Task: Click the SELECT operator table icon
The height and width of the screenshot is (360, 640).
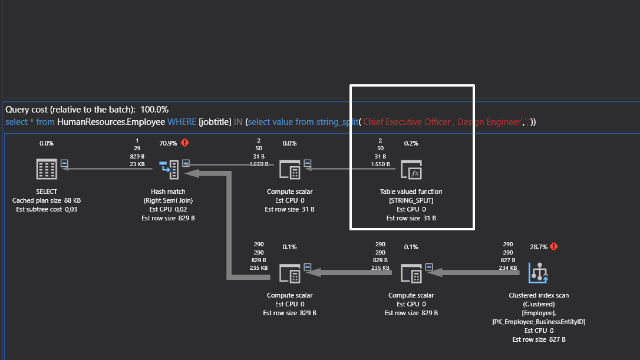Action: click(47, 170)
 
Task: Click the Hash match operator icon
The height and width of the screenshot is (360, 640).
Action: click(169, 170)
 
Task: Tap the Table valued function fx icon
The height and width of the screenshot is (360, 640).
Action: click(411, 170)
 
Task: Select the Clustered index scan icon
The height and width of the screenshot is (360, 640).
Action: click(539, 272)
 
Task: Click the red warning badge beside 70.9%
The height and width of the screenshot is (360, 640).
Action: click(185, 143)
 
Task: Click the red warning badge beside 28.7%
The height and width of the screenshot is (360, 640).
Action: click(554, 246)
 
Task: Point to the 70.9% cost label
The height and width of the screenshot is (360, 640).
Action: click(169, 143)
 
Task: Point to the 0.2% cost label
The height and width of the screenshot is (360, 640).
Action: click(411, 143)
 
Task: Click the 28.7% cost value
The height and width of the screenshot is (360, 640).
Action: click(538, 247)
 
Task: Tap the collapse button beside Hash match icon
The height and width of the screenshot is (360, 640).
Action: click(186, 163)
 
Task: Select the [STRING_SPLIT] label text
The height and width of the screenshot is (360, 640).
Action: click(411, 200)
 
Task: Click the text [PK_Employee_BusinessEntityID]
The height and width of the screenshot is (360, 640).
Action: click(539, 322)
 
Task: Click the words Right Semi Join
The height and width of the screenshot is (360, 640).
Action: click(169, 200)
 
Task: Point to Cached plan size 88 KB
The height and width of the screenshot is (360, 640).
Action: click(47, 200)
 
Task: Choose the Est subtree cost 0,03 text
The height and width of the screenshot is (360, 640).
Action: click(47, 209)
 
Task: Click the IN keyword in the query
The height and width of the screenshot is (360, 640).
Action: click(238, 122)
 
